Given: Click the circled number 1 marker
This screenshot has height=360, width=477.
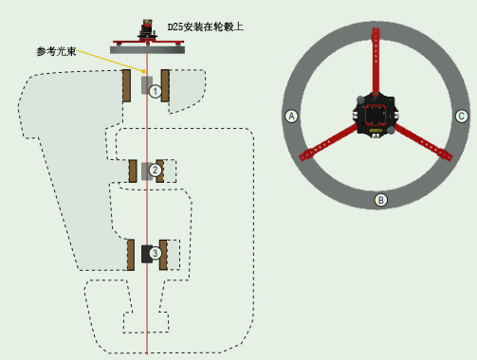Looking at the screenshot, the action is pyautogui.click(x=155, y=92).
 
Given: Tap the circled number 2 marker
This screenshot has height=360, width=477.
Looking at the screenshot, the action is pyautogui.click(x=155, y=171).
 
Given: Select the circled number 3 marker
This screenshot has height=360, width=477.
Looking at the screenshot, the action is pyautogui.click(x=155, y=253).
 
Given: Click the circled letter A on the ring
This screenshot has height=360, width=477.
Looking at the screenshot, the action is pyautogui.click(x=291, y=117).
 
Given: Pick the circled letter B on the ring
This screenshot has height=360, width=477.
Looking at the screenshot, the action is pyautogui.click(x=380, y=200).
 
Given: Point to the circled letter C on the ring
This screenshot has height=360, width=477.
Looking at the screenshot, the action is pyautogui.click(x=461, y=117).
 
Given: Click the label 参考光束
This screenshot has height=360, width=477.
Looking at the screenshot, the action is pyautogui.click(x=56, y=51).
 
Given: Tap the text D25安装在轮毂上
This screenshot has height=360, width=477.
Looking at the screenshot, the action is pyautogui.click(x=206, y=27).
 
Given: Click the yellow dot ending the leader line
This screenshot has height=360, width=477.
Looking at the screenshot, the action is pyautogui.click(x=144, y=71).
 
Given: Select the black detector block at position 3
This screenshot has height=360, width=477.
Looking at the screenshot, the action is pyautogui.click(x=146, y=254).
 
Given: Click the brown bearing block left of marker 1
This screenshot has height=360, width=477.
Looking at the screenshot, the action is pyautogui.click(x=126, y=85).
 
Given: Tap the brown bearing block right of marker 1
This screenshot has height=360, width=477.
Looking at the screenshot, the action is pyautogui.click(x=165, y=85).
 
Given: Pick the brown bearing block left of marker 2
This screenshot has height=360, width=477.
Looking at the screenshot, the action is pyautogui.click(x=133, y=171).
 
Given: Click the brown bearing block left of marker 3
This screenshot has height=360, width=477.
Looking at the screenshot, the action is pyautogui.click(x=131, y=255).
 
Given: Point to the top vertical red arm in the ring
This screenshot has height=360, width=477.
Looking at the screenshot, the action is pyautogui.click(x=376, y=61).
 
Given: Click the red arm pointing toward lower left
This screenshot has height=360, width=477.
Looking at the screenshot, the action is pyautogui.click(x=329, y=142).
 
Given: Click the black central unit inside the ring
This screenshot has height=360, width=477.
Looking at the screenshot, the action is pyautogui.click(x=376, y=116).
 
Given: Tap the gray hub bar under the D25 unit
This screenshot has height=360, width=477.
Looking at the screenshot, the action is pyautogui.click(x=147, y=49).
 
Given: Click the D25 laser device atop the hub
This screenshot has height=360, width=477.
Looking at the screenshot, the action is pyautogui.click(x=147, y=30).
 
